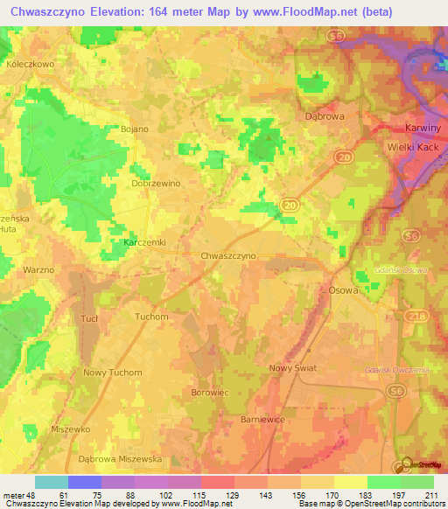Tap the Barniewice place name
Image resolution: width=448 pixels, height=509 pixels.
tap(262, 420)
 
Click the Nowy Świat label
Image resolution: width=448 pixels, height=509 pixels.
tap(292, 368)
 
